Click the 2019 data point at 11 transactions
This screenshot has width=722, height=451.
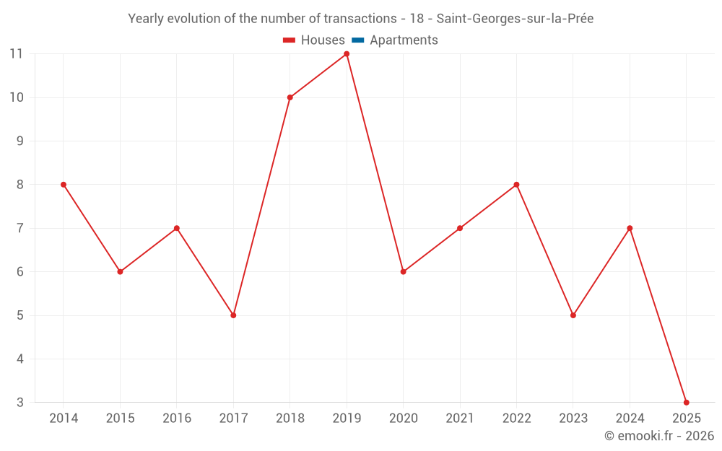pos(347,54)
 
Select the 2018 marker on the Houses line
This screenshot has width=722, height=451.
pos(290,97)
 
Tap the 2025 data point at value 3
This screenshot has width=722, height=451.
pos(686,402)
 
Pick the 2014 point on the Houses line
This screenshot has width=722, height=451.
pos(64,185)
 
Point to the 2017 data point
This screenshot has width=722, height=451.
pos(233,315)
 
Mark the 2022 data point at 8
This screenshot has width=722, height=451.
pos(516,185)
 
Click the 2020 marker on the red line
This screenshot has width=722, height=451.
pos(403,272)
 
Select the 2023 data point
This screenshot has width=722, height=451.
pos(573,315)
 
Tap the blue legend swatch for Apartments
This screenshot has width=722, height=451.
pos(357,40)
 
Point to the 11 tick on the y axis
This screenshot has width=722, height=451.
pos(17,54)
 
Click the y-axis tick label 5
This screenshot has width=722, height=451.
pos(20,315)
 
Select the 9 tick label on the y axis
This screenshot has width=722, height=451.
pos(20,141)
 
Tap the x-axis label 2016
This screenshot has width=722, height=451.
pos(177,419)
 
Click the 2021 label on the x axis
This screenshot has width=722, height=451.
pos(460,419)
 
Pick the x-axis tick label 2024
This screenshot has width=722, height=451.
pos(630,419)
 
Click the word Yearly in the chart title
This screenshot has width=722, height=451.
pos(146,19)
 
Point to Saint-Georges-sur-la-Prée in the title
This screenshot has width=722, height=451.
pos(515,19)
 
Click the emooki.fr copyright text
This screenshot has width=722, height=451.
pos(659,436)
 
